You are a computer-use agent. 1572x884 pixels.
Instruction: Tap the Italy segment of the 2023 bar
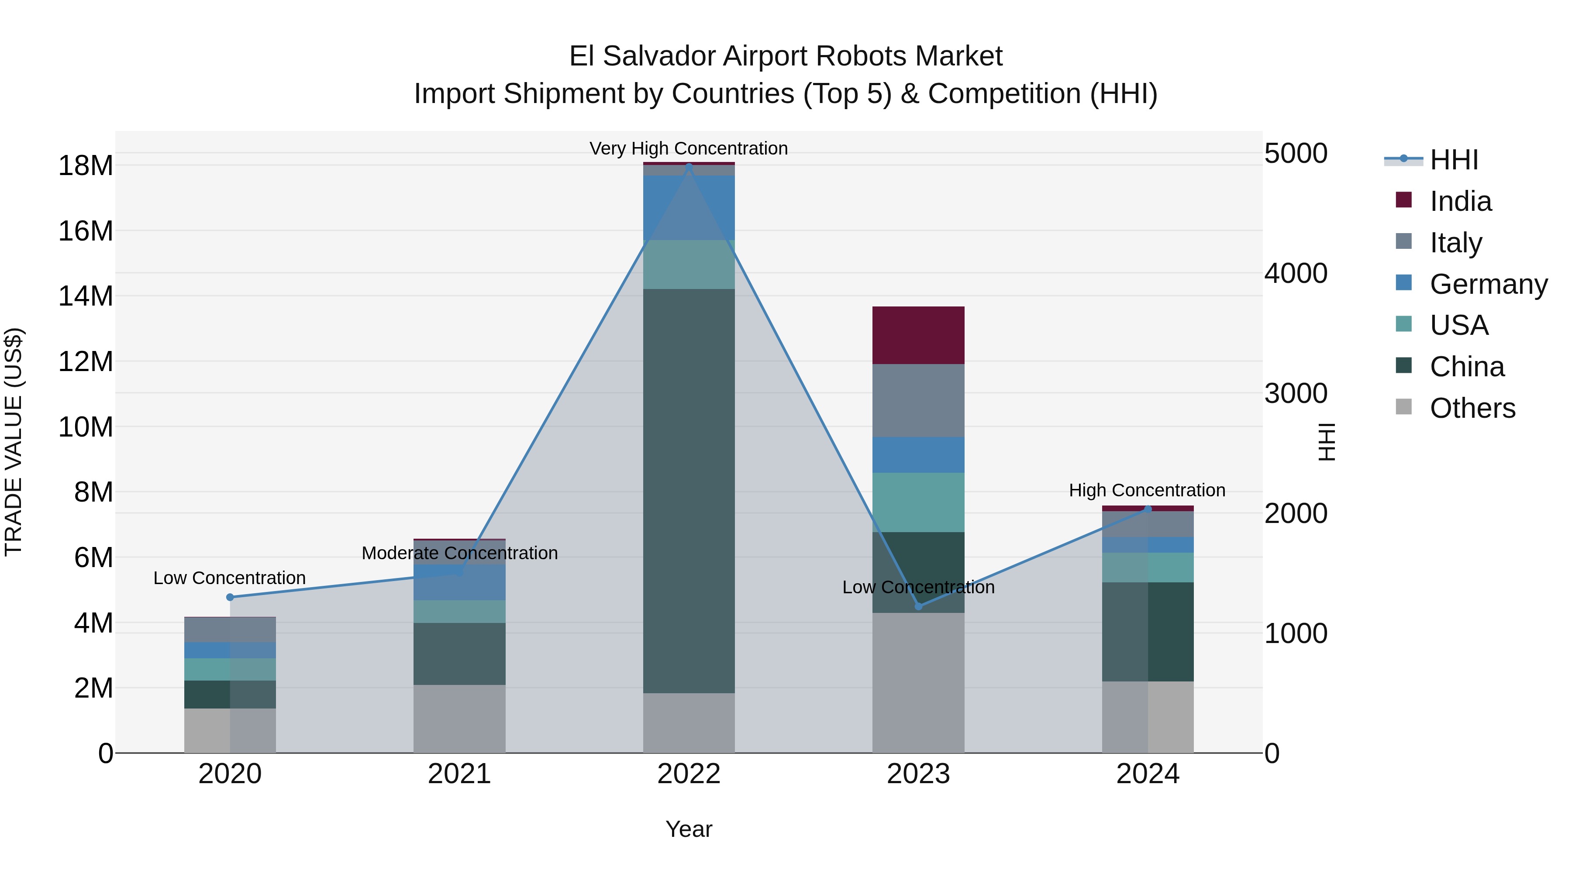[x=918, y=400]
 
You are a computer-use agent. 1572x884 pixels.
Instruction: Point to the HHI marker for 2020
[x=230, y=597]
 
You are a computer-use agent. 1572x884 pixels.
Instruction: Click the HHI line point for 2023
[x=918, y=606]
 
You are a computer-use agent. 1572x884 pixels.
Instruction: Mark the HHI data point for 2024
[x=1148, y=509]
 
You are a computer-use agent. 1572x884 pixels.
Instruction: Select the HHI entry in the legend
[x=1454, y=160]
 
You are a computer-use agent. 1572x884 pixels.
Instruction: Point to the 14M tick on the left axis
[x=86, y=296]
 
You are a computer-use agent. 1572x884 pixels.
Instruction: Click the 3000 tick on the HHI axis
[x=1296, y=393]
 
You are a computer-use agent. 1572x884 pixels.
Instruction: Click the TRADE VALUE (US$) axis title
[x=14, y=442]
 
